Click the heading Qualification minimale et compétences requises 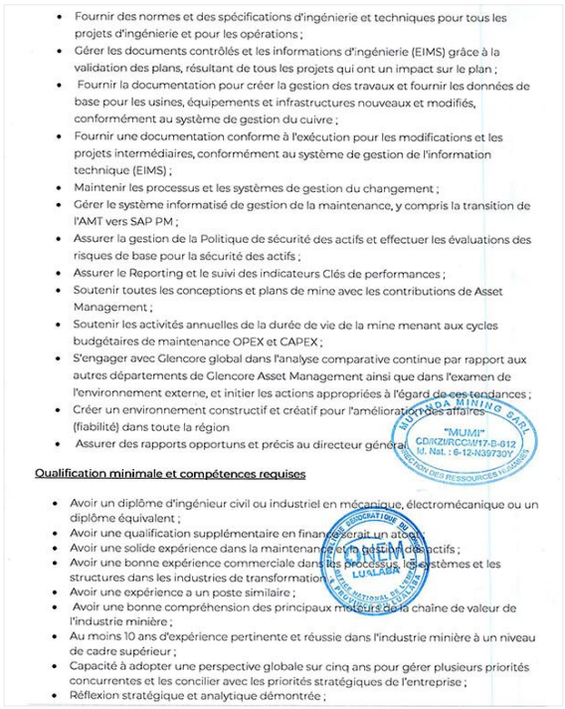pyautogui.click(x=170, y=473)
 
